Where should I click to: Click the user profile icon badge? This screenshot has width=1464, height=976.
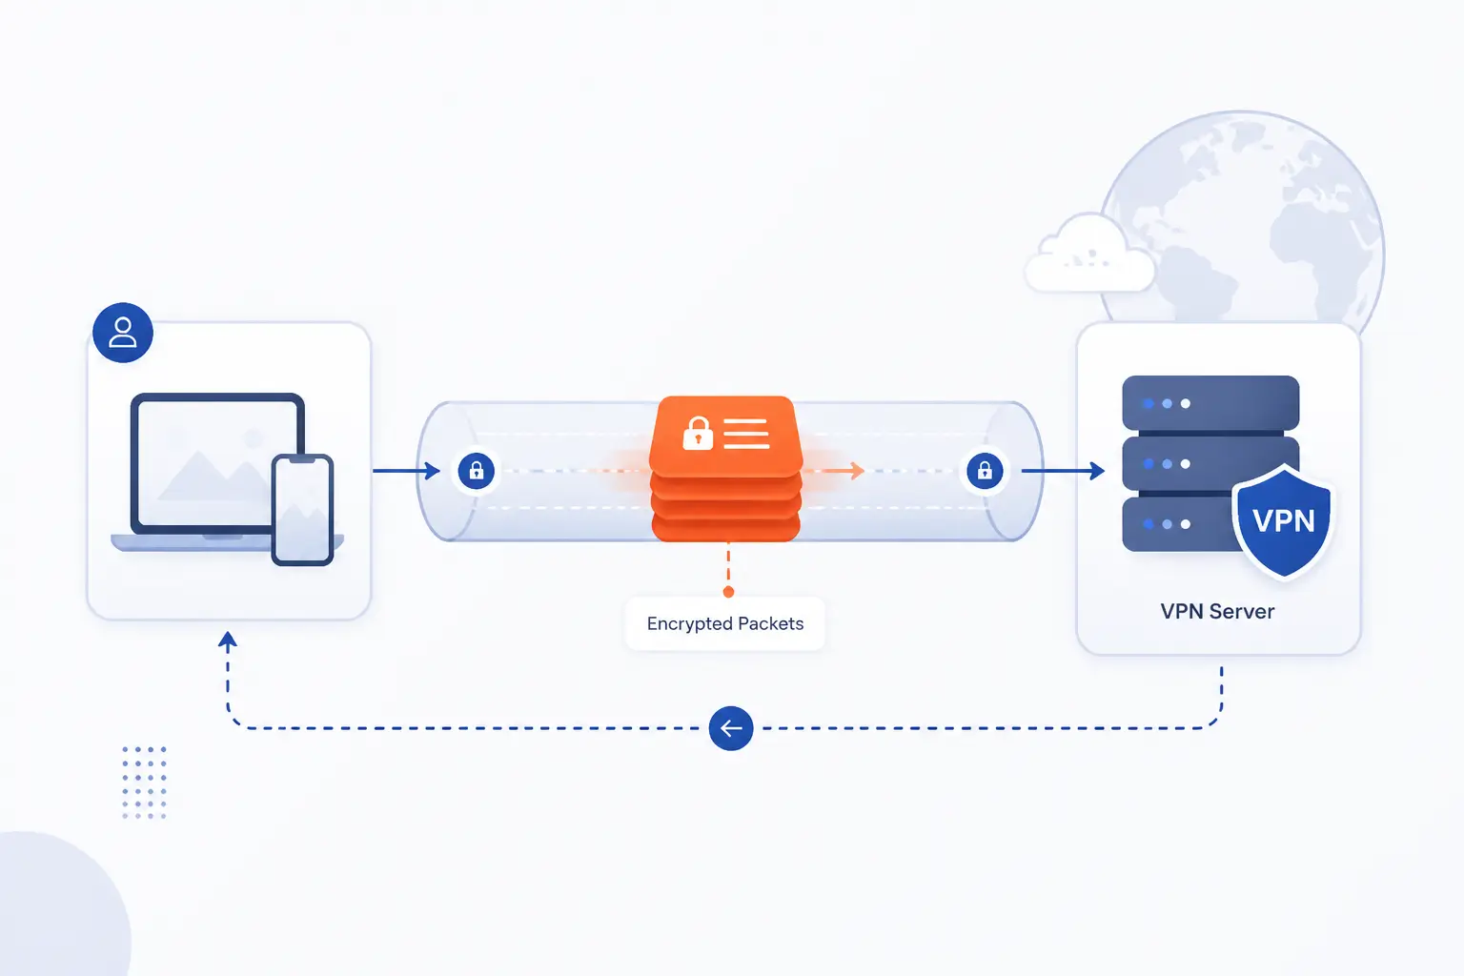pos(123,333)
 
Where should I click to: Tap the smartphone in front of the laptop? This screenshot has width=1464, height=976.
pos(302,510)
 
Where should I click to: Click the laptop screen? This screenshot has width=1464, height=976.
pos(217,463)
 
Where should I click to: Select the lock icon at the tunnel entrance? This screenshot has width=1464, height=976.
pos(477,471)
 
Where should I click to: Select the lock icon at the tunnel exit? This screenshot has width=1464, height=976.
pos(985,471)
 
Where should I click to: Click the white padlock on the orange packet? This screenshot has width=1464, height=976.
pos(698,434)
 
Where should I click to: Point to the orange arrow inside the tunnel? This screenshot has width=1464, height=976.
pos(834,470)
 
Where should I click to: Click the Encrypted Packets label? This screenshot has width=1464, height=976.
pos(724,623)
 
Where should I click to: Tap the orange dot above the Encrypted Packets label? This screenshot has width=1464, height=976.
pos(729,592)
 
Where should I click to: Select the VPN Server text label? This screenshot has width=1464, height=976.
pos(1217,612)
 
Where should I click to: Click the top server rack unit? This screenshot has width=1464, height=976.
pos(1210,403)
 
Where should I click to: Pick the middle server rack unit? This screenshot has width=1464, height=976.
pos(1210,463)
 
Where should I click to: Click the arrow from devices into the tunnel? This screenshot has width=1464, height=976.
pos(406,471)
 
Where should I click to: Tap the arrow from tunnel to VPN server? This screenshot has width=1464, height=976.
pos(1063,471)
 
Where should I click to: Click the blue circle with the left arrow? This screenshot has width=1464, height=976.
pos(731,728)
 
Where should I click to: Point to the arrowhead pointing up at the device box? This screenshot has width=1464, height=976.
pos(228,640)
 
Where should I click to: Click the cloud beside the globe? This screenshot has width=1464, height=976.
pos(1088,254)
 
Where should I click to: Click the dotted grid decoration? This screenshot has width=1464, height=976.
pos(145,783)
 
